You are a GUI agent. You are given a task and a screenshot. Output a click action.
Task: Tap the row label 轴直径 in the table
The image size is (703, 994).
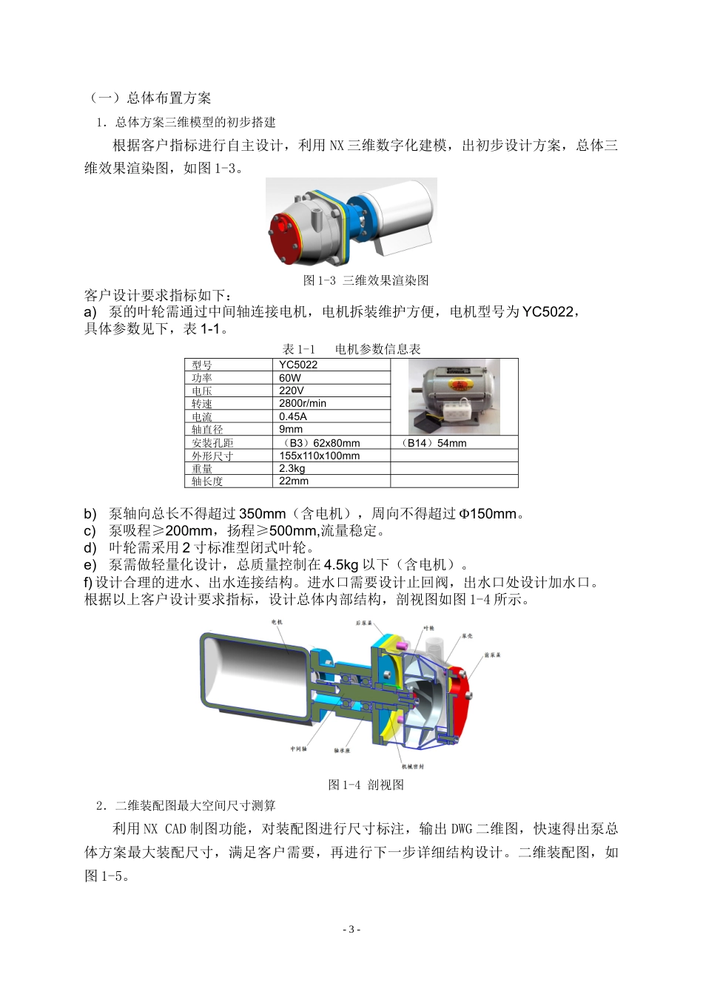point(207,430)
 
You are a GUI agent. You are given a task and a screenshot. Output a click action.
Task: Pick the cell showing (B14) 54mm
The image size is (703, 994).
point(434,443)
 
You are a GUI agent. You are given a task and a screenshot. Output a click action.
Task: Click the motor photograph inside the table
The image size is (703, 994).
point(454,397)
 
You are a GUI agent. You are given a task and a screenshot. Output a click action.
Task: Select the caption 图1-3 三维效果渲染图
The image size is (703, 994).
point(366,280)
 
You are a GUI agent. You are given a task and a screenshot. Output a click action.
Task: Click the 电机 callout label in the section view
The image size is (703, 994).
point(277,622)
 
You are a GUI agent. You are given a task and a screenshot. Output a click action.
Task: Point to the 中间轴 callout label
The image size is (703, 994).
point(298,748)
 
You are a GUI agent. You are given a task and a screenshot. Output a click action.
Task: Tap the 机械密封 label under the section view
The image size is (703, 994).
point(412,766)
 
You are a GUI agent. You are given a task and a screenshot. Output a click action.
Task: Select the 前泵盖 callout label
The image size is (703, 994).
point(493,655)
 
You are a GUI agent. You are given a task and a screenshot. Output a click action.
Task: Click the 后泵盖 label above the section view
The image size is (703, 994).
point(363,623)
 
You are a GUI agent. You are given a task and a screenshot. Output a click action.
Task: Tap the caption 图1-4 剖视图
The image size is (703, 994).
point(366,785)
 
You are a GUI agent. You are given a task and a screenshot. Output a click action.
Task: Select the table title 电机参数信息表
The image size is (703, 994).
point(377,349)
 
